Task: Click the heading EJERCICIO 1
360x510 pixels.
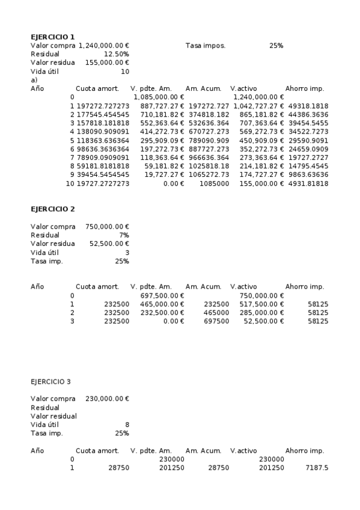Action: (53, 37)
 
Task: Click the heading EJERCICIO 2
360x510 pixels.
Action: (53, 209)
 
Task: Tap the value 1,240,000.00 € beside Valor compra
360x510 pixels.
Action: (104, 46)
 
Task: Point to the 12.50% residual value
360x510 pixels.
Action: (117, 54)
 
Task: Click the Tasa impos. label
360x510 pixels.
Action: (206, 46)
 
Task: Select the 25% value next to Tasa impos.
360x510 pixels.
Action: (276, 46)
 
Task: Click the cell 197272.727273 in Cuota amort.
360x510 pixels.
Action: (103, 106)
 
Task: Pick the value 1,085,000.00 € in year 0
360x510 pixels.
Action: (159, 97)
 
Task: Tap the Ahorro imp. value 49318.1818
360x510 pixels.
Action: (308, 106)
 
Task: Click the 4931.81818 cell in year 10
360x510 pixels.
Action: (308, 183)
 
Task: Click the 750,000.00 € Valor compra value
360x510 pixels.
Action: (108, 227)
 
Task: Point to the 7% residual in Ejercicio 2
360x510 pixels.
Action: (124, 235)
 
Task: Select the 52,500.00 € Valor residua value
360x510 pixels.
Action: (109, 244)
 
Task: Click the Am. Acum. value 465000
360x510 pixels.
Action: (216, 313)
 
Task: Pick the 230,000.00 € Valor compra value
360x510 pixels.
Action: (108, 399)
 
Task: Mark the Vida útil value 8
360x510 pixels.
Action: (127, 425)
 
